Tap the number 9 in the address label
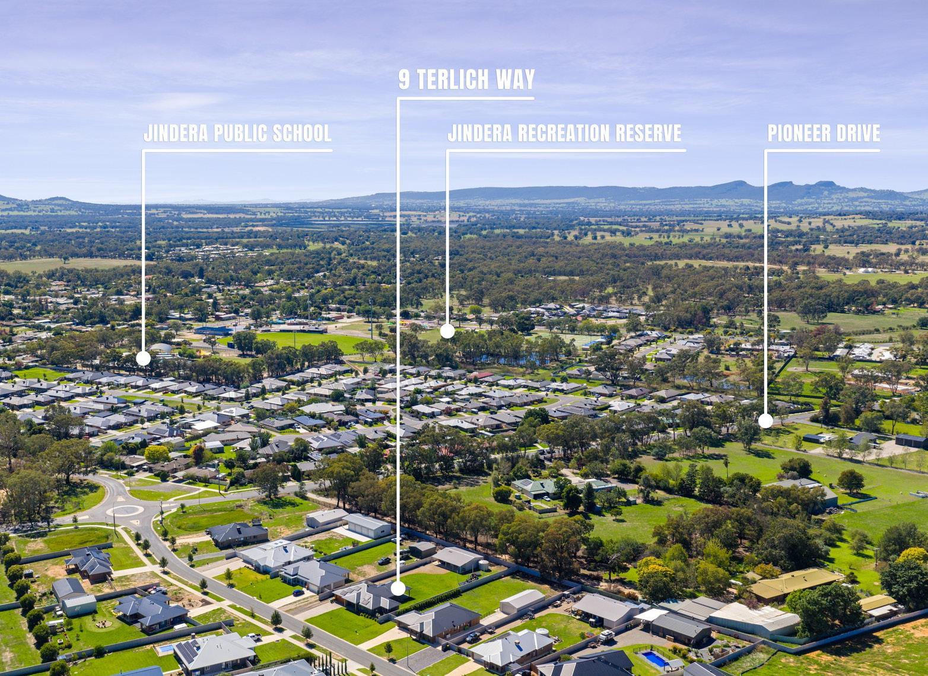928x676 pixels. click(403, 79)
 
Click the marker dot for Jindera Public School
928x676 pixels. click(143, 358)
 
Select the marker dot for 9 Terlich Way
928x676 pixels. click(398, 588)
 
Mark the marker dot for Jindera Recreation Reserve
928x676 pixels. click(447, 331)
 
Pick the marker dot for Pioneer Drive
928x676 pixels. click(765, 421)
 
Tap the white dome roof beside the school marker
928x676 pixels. click(161, 348)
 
